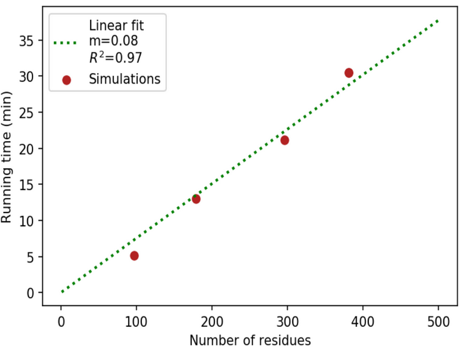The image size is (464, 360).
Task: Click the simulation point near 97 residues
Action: click(134, 256)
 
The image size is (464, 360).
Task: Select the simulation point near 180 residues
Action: click(196, 199)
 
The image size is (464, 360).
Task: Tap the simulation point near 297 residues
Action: click(285, 140)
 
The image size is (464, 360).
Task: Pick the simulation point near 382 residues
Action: click(349, 73)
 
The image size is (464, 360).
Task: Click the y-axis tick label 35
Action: click(27, 41)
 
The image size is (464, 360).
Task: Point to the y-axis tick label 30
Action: click(27, 76)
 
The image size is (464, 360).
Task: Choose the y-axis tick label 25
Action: click(27, 112)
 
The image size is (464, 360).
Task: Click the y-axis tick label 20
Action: click(27, 149)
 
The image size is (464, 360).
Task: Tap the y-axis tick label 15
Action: click(27, 184)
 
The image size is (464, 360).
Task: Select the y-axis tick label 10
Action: click(27, 221)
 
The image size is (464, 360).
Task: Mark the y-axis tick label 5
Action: click(30, 257)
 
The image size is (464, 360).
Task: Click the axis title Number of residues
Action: click(250, 341)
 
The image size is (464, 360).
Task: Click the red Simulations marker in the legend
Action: click(66, 79)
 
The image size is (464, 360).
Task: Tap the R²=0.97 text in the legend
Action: click(115, 59)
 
